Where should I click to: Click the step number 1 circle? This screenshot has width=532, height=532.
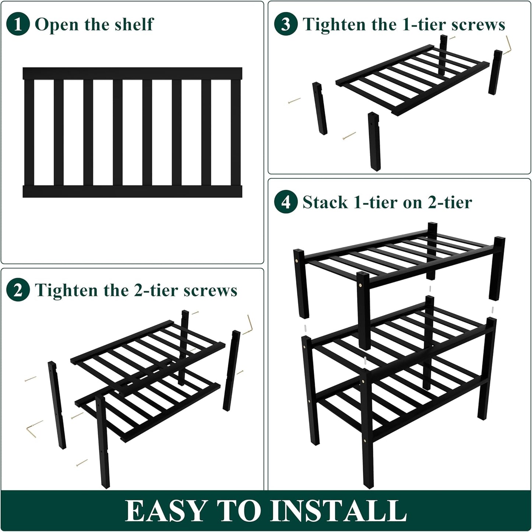coord(18,24)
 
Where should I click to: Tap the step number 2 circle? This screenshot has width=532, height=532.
coord(18,290)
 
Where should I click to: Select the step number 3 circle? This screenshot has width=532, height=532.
coord(286,24)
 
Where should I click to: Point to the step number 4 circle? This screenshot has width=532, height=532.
coord(286,202)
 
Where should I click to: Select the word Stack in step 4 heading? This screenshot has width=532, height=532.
coord(325,202)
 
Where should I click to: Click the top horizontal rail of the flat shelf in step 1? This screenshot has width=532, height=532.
coord(132,73)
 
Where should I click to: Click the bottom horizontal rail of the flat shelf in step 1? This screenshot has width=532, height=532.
coord(132,191)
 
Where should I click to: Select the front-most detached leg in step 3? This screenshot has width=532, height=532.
coord(374,142)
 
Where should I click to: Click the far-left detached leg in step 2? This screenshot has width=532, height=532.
coord(57,405)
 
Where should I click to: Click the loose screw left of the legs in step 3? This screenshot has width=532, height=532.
coord(294,100)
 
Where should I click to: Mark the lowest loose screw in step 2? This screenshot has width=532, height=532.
coord(82,463)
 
